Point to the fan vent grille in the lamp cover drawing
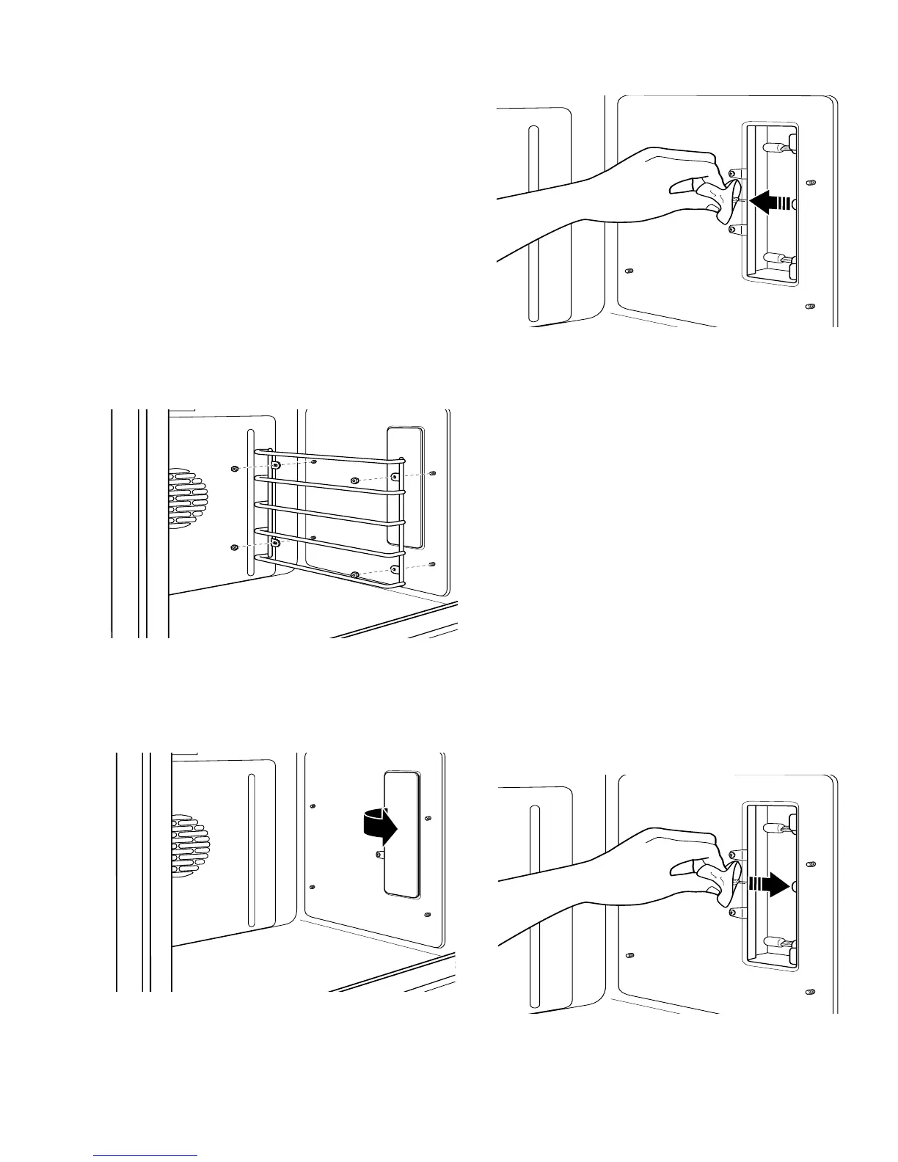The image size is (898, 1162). point(190,846)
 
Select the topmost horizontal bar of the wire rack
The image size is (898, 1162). point(330,459)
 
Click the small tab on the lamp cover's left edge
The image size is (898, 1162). point(378,854)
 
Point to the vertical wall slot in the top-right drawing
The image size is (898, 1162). point(534,224)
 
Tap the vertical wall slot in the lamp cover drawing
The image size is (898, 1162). point(251,851)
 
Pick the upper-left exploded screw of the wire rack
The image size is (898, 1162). point(234,468)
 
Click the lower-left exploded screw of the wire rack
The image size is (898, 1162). point(234,547)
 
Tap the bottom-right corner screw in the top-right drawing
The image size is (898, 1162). point(811,305)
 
